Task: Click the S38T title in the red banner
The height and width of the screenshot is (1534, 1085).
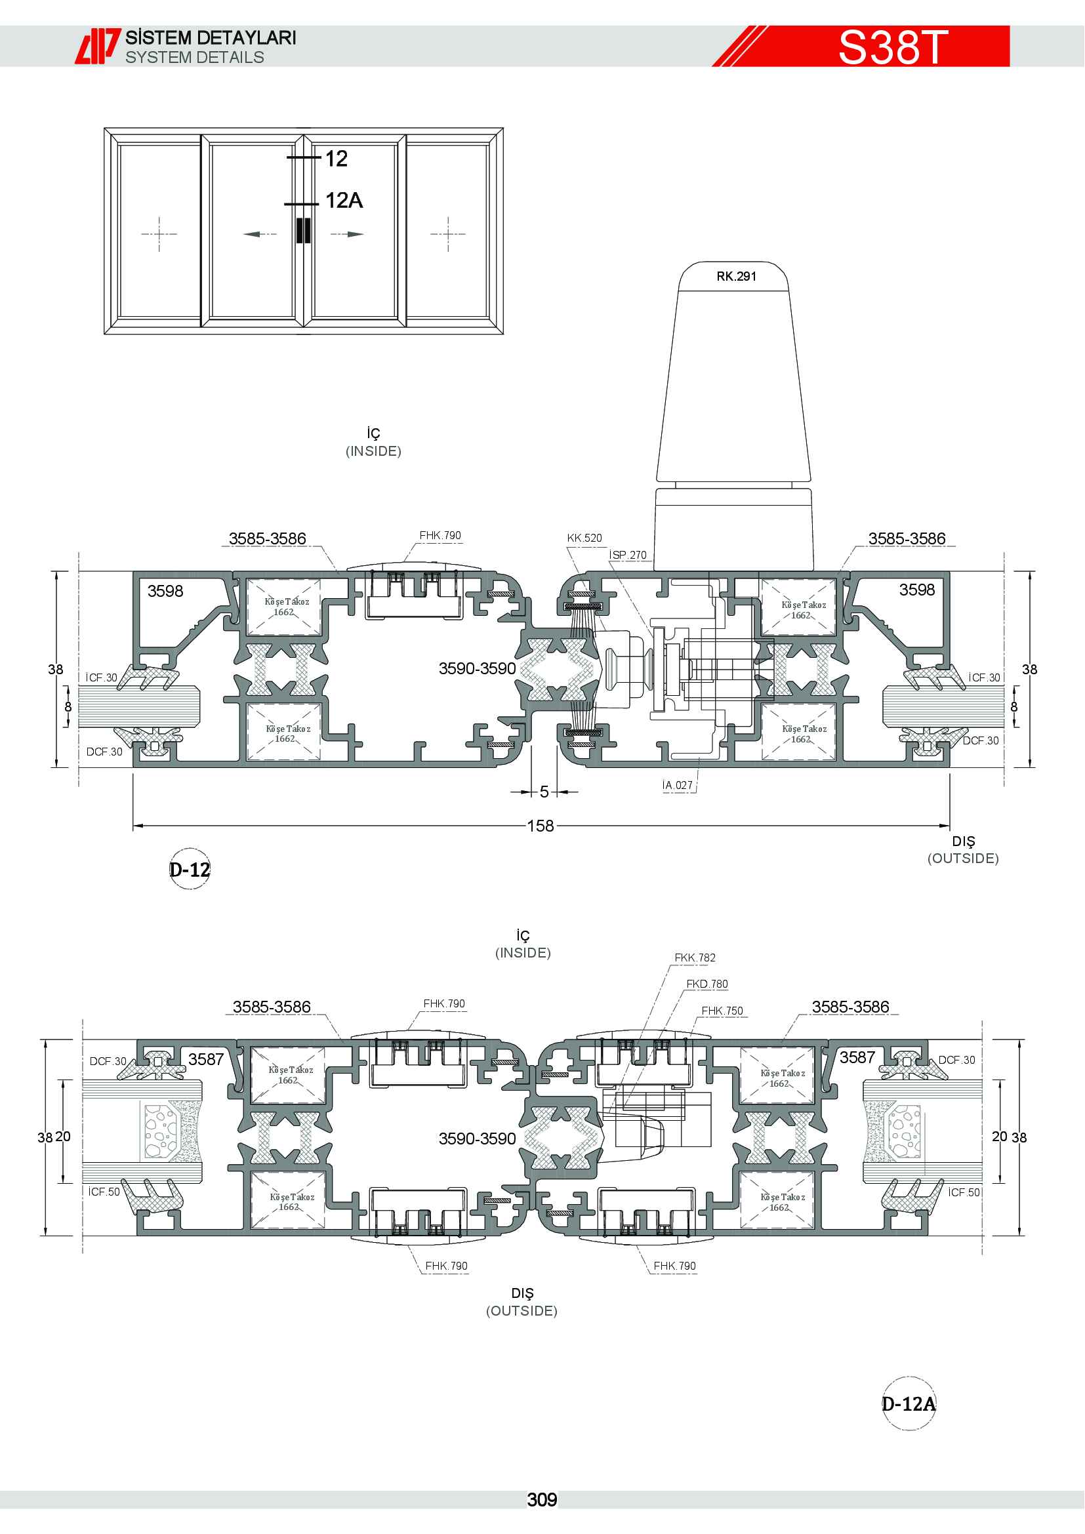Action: pyautogui.click(x=893, y=47)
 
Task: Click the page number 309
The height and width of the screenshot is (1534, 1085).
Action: pyautogui.click(x=542, y=1500)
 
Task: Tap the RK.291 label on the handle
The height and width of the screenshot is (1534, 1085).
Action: pyautogui.click(x=736, y=276)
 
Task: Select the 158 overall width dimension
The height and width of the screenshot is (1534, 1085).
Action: pyautogui.click(x=541, y=826)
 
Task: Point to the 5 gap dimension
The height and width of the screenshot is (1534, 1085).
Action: pyautogui.click(x=544, y=792)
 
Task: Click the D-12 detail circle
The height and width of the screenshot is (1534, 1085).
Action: pyautogui.click(x=190, y=869)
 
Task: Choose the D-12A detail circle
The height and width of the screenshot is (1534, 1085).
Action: pyautogui.click(x=909, y=1403)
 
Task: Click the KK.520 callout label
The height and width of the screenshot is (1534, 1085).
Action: pyautogui.click(x=584, y=538)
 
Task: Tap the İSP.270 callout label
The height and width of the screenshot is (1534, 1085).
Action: pyautogui.click(x=628, y=555)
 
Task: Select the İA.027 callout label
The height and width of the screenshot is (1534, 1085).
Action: pyautogui.click(x=678, y=785)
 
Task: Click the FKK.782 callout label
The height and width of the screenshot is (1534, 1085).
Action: pyautogui.click(x=695, y=958)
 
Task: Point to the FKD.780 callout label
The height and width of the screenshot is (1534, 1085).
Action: pyautogui.click(x=707, y=984)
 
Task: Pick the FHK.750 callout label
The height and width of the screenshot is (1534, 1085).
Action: pyautogui.click(x=722, y=1011)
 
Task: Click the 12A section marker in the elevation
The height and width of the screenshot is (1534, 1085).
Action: pyautogui.click(x=344, y=200)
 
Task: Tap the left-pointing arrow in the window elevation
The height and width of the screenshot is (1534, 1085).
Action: pyautogui.click(x=260, y=234)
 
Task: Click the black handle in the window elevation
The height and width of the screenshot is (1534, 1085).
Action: pyautogui.click(x=303, y=230)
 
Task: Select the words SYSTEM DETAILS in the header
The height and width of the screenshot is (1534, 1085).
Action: pyautogui.click(x=194, y=58)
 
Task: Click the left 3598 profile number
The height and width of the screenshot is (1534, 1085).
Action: pyautogui.click(x=165, y=591)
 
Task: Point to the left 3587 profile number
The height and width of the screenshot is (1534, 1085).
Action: pyautogui.click(x=206, y=1059)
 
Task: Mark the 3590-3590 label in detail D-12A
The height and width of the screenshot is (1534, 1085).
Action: pyautogui.click(x=477, y=1139)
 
